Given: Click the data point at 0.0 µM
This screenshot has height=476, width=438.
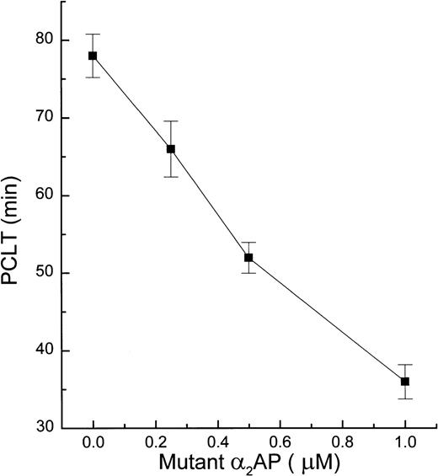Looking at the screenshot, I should pos(93,56).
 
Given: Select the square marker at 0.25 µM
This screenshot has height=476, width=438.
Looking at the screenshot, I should pos(170,149).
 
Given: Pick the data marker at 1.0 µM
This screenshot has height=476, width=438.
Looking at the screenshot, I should pos(405,382).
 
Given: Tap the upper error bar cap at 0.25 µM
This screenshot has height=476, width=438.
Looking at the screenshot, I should pos(170,121).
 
